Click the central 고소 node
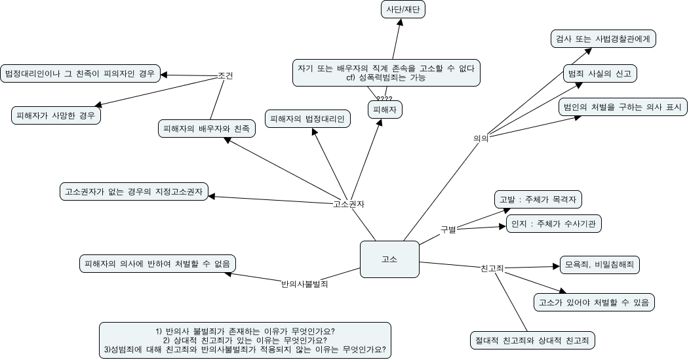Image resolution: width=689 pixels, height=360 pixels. coord(389,259)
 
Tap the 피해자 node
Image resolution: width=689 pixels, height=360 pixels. coord(384,110)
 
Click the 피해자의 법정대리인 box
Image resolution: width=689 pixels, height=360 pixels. coord(307,119)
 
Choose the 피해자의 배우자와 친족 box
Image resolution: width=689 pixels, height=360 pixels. coord(207,129)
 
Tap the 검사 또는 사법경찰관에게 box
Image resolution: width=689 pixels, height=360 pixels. coord(602,39)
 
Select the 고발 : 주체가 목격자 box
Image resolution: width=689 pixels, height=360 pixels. coord(538,199)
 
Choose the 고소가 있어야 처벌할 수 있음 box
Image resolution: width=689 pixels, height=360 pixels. coord(593,302)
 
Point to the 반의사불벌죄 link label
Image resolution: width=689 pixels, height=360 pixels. coord(304,284)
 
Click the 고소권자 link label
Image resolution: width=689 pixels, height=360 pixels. coord(349,203)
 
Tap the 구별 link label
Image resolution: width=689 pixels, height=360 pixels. coord(448,230)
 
